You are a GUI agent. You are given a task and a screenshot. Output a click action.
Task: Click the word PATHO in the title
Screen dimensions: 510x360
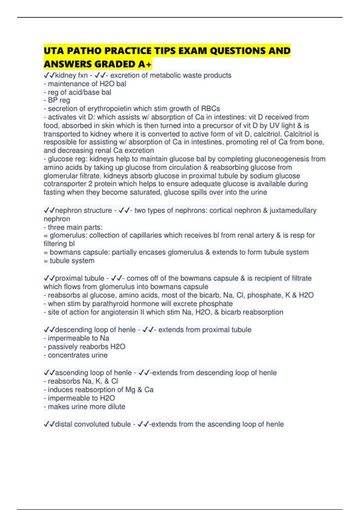[x=84, y=51]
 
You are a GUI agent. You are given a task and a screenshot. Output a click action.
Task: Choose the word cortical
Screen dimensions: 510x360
[x=221, y=211]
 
